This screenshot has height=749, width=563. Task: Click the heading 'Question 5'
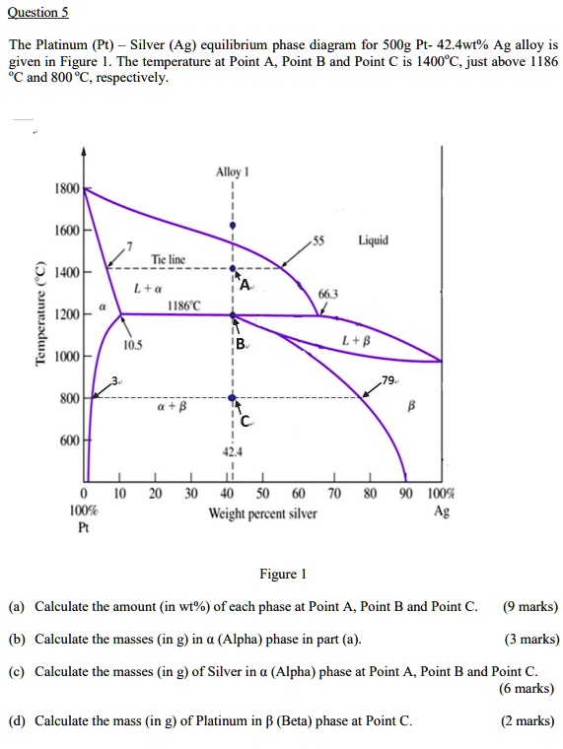click(37, 14)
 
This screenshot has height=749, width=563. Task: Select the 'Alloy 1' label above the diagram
click(233, 170)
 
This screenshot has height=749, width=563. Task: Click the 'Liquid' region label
click(373, 239)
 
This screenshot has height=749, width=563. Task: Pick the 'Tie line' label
click(169, 259)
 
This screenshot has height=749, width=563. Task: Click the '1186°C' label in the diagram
click(184, 306)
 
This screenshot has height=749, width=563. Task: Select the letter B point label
click(242, 346)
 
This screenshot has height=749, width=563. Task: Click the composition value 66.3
click(328, 293)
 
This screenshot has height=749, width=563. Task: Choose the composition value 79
click(389, 381)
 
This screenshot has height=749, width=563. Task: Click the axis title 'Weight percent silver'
click(262, 512)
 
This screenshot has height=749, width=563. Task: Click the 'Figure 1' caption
click(283, 574)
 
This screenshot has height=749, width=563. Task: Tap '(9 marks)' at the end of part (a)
click(529, 606)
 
